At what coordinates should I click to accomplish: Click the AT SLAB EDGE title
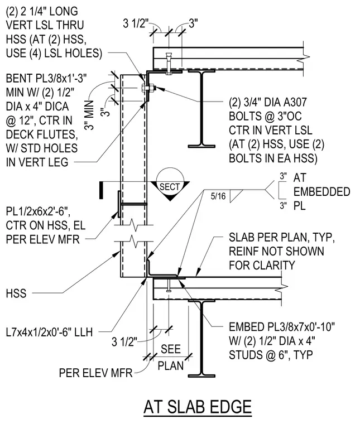[198, 407]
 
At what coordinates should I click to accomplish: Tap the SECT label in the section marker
[170, 187]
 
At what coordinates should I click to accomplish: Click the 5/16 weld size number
[218, 196]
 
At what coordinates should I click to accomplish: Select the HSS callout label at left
[16, 293]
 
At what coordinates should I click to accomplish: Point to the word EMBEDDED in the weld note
[321, 192]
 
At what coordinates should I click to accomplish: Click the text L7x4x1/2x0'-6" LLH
[49, 332]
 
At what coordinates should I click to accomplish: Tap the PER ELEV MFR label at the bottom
[96, 373]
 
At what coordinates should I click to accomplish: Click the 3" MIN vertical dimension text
[89, 115]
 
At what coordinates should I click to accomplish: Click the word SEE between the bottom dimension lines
[171, 349]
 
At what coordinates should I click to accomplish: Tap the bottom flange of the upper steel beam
[202, 146]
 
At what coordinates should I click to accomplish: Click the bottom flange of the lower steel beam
[202, 376]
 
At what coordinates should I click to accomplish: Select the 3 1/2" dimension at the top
[136, 23]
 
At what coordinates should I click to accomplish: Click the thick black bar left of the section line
[101, 190]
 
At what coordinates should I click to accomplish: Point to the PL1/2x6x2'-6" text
[38, 211]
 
